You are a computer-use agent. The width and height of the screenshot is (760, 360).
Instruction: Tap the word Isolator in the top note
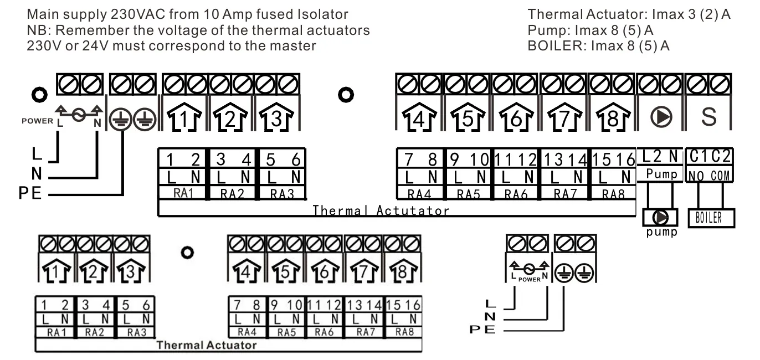[323, 14]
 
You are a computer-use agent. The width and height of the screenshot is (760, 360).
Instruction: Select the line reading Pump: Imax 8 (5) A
[590, 30]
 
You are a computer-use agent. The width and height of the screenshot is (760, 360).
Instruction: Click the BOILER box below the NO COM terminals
[711, 218]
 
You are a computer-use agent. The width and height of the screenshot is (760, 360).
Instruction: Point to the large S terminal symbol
[709, 117]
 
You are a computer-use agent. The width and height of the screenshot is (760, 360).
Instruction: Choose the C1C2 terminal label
[710, 158]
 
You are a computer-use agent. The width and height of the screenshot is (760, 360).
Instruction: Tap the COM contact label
[722, 176]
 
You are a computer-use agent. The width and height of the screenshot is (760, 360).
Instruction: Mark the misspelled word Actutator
[413, 210]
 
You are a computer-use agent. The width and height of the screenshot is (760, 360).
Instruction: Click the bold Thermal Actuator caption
[206, 346]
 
